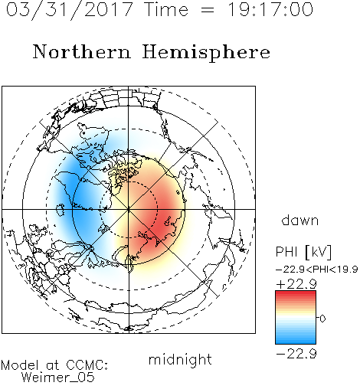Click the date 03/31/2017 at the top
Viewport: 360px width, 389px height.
tap(70, 10)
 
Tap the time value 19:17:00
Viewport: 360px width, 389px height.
tap(270, 9)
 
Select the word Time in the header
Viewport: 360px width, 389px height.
tap(166, 9)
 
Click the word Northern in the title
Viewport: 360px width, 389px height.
tap(82, 51)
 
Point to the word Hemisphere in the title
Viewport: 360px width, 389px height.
tap(206, 53)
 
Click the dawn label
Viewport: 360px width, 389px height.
tap(300, 220)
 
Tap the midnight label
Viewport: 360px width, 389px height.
tap(180, 359)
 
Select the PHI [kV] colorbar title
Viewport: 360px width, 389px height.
tap(303, 252)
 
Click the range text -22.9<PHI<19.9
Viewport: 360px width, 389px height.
tap(316, 270)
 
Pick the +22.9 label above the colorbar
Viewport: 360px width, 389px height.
tap(296, 284)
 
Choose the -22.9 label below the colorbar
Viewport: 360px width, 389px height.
tap(296, 354)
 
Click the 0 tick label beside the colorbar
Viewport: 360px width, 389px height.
tap(322, 319)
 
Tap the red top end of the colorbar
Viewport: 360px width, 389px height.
tap(296, 293)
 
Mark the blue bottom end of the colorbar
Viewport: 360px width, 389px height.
tap(296, 342)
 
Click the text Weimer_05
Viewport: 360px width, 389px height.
tap(58, 378)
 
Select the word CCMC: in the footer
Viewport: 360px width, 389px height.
tap(87, 365)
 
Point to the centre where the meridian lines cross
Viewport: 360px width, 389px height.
tap(129, 209)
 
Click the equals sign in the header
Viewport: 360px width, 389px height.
tap(208, 10)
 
